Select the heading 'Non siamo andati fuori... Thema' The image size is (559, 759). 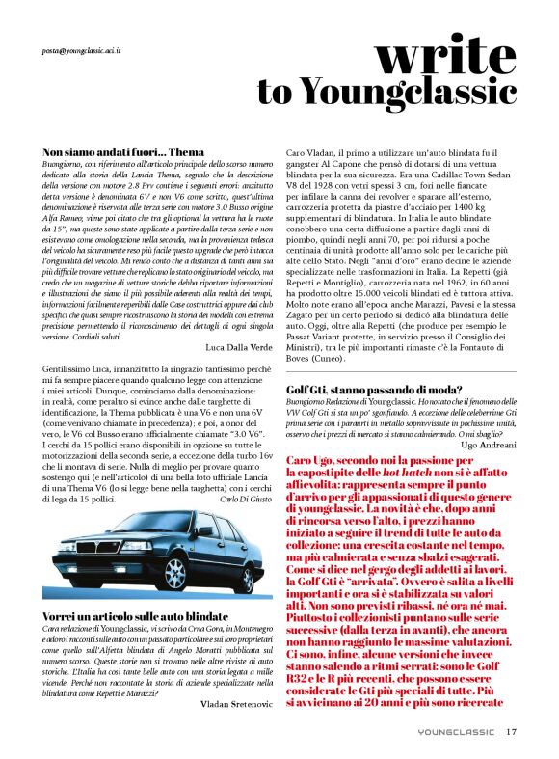tap(124, 152)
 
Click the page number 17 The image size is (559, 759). tap(511, 731)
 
